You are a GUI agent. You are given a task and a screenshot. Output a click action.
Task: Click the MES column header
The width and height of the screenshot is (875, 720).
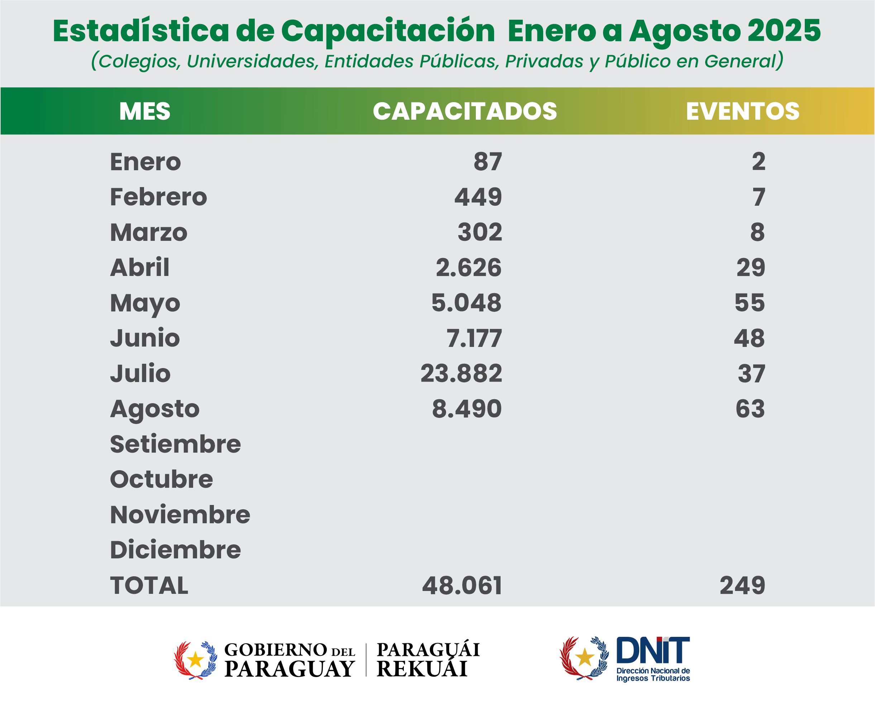[145, 111]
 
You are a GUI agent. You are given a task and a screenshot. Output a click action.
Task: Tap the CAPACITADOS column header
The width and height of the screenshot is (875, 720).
[464, 111]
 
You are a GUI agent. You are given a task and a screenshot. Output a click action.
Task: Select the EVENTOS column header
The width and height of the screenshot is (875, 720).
[742, 111]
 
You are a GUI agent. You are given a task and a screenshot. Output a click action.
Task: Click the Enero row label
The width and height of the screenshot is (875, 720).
[145, 162]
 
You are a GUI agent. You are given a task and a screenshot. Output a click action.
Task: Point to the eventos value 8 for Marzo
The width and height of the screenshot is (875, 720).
[757, 232]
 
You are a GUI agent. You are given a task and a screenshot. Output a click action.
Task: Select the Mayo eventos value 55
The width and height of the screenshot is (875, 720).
[749, 303]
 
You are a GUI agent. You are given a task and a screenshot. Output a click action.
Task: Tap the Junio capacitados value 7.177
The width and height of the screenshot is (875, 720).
[474, 338]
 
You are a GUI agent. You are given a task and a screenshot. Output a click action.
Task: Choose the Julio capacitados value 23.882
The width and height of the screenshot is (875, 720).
[461, 373]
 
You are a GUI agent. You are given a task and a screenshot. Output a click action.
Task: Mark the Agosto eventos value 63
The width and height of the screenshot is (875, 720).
[750, 409]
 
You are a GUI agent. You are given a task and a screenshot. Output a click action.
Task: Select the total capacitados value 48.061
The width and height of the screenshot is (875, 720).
[462, 586]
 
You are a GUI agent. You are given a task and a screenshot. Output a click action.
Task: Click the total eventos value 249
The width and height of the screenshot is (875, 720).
[742, 586]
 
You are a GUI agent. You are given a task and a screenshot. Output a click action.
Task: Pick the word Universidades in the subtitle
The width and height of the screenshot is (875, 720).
[252, 61]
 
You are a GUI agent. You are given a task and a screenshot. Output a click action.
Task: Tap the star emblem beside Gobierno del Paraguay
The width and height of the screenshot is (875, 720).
[195, 659]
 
